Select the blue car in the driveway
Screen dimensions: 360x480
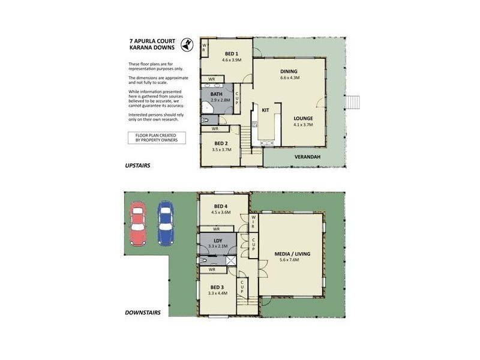[x=165, y=223]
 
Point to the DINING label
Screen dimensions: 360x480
[x=289, y=71]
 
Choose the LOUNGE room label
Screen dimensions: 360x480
[x=304, y=118]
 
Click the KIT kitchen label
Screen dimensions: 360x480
[x=265, y=110]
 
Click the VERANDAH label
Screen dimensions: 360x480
[x=306, y=157]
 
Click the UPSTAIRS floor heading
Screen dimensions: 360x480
[x=137, y=165]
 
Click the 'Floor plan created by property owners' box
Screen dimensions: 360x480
[x=157, y=138]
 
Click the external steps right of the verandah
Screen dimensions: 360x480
[x=354, y=101]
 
